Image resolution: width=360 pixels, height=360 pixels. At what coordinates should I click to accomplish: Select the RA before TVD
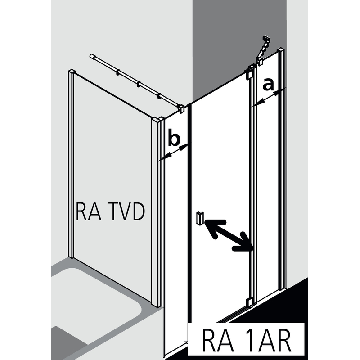point(88,212)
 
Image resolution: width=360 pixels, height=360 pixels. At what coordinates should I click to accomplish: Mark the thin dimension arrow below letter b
point(175,152)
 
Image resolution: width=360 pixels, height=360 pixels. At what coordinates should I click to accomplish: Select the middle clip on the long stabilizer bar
point(139,84)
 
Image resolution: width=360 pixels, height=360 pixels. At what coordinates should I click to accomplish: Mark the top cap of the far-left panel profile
point(71,71)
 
